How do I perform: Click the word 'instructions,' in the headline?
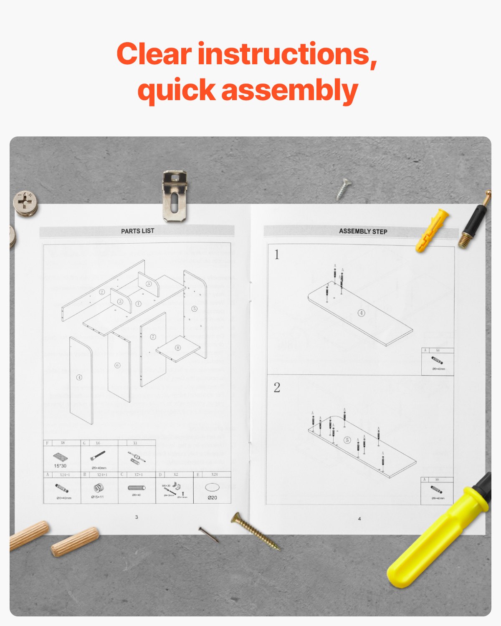coord(287,54)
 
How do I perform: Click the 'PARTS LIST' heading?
coord(137,231)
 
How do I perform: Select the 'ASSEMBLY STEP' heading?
coord(363,231)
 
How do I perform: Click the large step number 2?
coord(277,387)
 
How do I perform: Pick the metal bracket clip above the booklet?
coord(175,195)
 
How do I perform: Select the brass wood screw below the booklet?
coord(255,531)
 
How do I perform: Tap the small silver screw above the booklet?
coord(344,189)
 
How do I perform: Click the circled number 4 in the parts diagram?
coord(79,377)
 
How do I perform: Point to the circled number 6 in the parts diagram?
coord(117,365)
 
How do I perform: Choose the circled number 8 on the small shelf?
coord(178,348)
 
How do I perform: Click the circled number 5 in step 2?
coord(347,440)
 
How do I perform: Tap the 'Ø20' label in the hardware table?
coord(212,497)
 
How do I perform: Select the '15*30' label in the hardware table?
coord(60,466)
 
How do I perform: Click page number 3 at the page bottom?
coord(137,517)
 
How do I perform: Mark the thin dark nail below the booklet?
coord(208,534)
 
